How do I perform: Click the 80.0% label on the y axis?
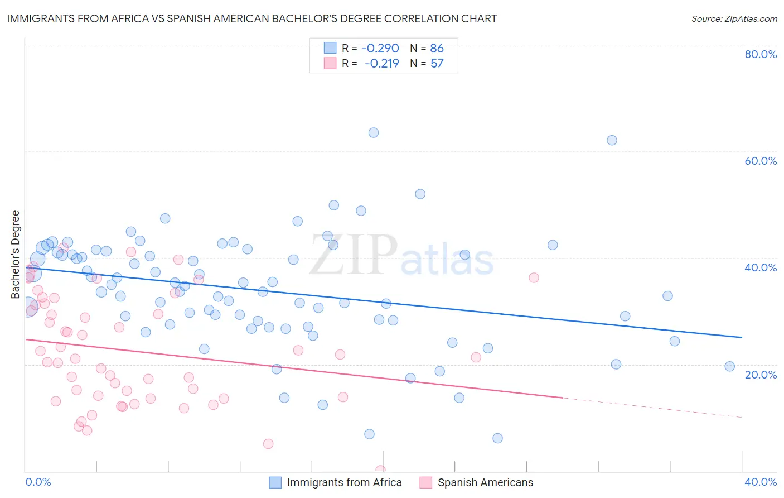761,54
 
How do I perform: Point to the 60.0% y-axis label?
761,161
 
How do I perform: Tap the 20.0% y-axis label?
761,374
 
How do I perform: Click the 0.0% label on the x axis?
38,482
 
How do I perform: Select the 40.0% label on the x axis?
761,482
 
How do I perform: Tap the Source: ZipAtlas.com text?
734,18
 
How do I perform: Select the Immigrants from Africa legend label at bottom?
344,482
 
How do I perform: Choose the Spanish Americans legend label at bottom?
485,482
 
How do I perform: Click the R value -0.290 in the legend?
380,48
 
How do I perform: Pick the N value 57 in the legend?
437,63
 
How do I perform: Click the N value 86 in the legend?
437,48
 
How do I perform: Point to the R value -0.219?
382,63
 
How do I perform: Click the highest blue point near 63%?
374,132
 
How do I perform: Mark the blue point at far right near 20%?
729,366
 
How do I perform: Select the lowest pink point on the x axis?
380,470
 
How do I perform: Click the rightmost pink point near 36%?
534,277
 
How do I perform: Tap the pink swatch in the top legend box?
330,63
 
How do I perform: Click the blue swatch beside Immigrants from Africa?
275,482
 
